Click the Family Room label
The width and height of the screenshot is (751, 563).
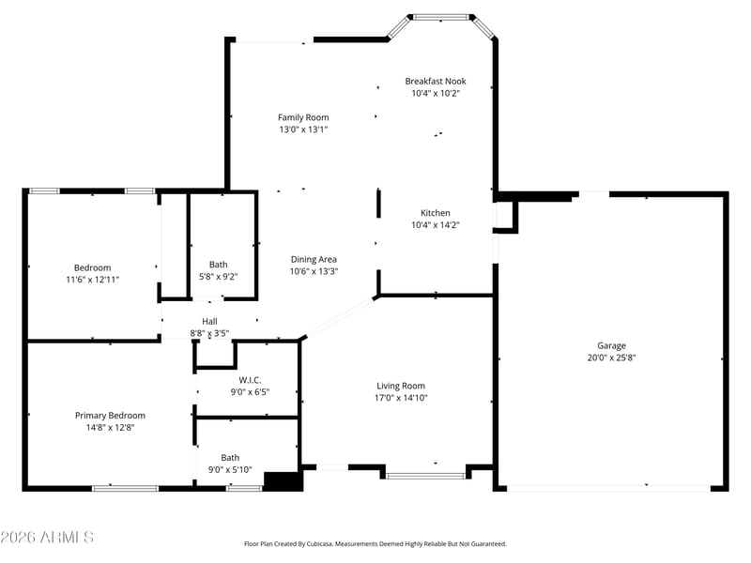click(303, 117)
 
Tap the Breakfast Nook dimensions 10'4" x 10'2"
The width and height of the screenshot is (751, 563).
click(436, 93)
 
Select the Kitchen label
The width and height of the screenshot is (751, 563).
click(436, 213)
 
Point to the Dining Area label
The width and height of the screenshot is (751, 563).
click(314, 260)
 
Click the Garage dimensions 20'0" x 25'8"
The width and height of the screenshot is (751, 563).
click(611, 358)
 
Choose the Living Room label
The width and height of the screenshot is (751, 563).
click(401, 386)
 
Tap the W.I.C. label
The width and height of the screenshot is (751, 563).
click(250, 380)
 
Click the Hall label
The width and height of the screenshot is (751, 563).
click(209, 322)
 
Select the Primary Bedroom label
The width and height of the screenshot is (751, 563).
click(110, 416)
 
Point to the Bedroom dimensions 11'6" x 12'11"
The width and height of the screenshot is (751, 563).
click(92, 280)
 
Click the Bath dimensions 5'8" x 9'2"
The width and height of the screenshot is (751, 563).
click(219, 277)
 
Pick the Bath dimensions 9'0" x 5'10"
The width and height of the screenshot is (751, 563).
click(230, 470)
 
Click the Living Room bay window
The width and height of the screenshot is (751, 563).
click(425, 476)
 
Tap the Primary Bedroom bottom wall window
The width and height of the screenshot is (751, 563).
click(125, 488)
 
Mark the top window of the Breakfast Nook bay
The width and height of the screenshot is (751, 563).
click(440, 17)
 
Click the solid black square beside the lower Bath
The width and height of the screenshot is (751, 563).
click(284, 481)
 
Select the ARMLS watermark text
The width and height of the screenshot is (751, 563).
click(47, 537)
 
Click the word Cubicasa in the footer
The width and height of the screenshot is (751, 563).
click(320, 544)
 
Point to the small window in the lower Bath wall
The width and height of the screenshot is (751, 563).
click(244, 488)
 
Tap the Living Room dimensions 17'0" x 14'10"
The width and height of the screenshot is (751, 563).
click(401, 398)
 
